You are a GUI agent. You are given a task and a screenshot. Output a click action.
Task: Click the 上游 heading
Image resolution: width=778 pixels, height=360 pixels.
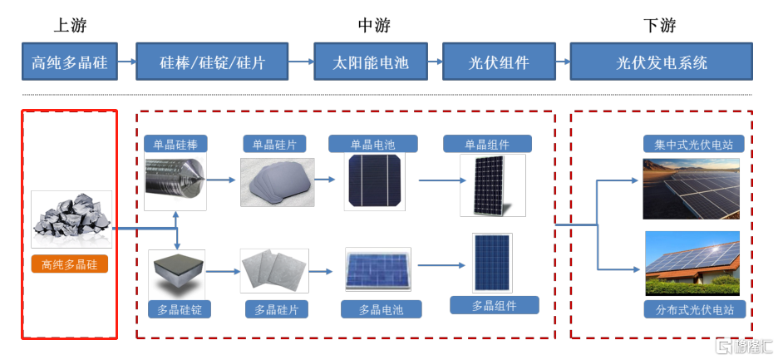70,25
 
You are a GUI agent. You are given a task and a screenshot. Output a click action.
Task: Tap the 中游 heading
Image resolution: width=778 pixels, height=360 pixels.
373,25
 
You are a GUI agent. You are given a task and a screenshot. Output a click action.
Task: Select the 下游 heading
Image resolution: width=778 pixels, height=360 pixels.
660,25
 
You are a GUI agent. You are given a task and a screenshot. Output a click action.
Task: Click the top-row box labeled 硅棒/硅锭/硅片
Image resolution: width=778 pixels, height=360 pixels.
212,62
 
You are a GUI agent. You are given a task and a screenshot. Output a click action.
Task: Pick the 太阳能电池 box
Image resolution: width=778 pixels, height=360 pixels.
372,62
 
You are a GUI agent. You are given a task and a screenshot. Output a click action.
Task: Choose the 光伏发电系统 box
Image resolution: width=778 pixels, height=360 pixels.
661,62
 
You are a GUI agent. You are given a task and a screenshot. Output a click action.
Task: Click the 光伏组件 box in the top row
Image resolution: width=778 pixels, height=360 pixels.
499,62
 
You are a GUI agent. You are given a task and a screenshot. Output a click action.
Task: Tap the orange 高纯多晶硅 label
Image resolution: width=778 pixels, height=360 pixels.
70,264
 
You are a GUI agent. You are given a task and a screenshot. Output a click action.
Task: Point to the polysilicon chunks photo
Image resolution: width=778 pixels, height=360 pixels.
71,219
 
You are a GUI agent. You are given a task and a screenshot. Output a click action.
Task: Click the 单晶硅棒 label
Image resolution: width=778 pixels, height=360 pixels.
175,144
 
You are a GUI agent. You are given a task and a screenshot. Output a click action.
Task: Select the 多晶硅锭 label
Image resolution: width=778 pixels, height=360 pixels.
180,310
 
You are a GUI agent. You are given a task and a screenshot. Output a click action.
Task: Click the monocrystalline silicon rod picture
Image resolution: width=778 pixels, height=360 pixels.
175,181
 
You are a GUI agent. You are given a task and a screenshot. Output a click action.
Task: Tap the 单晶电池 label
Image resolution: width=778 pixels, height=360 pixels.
372,144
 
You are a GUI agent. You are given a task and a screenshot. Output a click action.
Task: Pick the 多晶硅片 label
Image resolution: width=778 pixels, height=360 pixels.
276,310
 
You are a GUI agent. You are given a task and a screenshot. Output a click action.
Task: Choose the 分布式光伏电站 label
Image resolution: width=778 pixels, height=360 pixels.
694,310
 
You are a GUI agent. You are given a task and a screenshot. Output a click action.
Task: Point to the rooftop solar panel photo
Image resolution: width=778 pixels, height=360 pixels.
692,264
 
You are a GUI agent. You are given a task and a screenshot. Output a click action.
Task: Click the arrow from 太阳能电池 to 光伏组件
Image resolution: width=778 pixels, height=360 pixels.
436,62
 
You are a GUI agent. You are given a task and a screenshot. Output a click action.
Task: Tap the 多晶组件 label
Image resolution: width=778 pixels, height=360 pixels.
495,305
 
